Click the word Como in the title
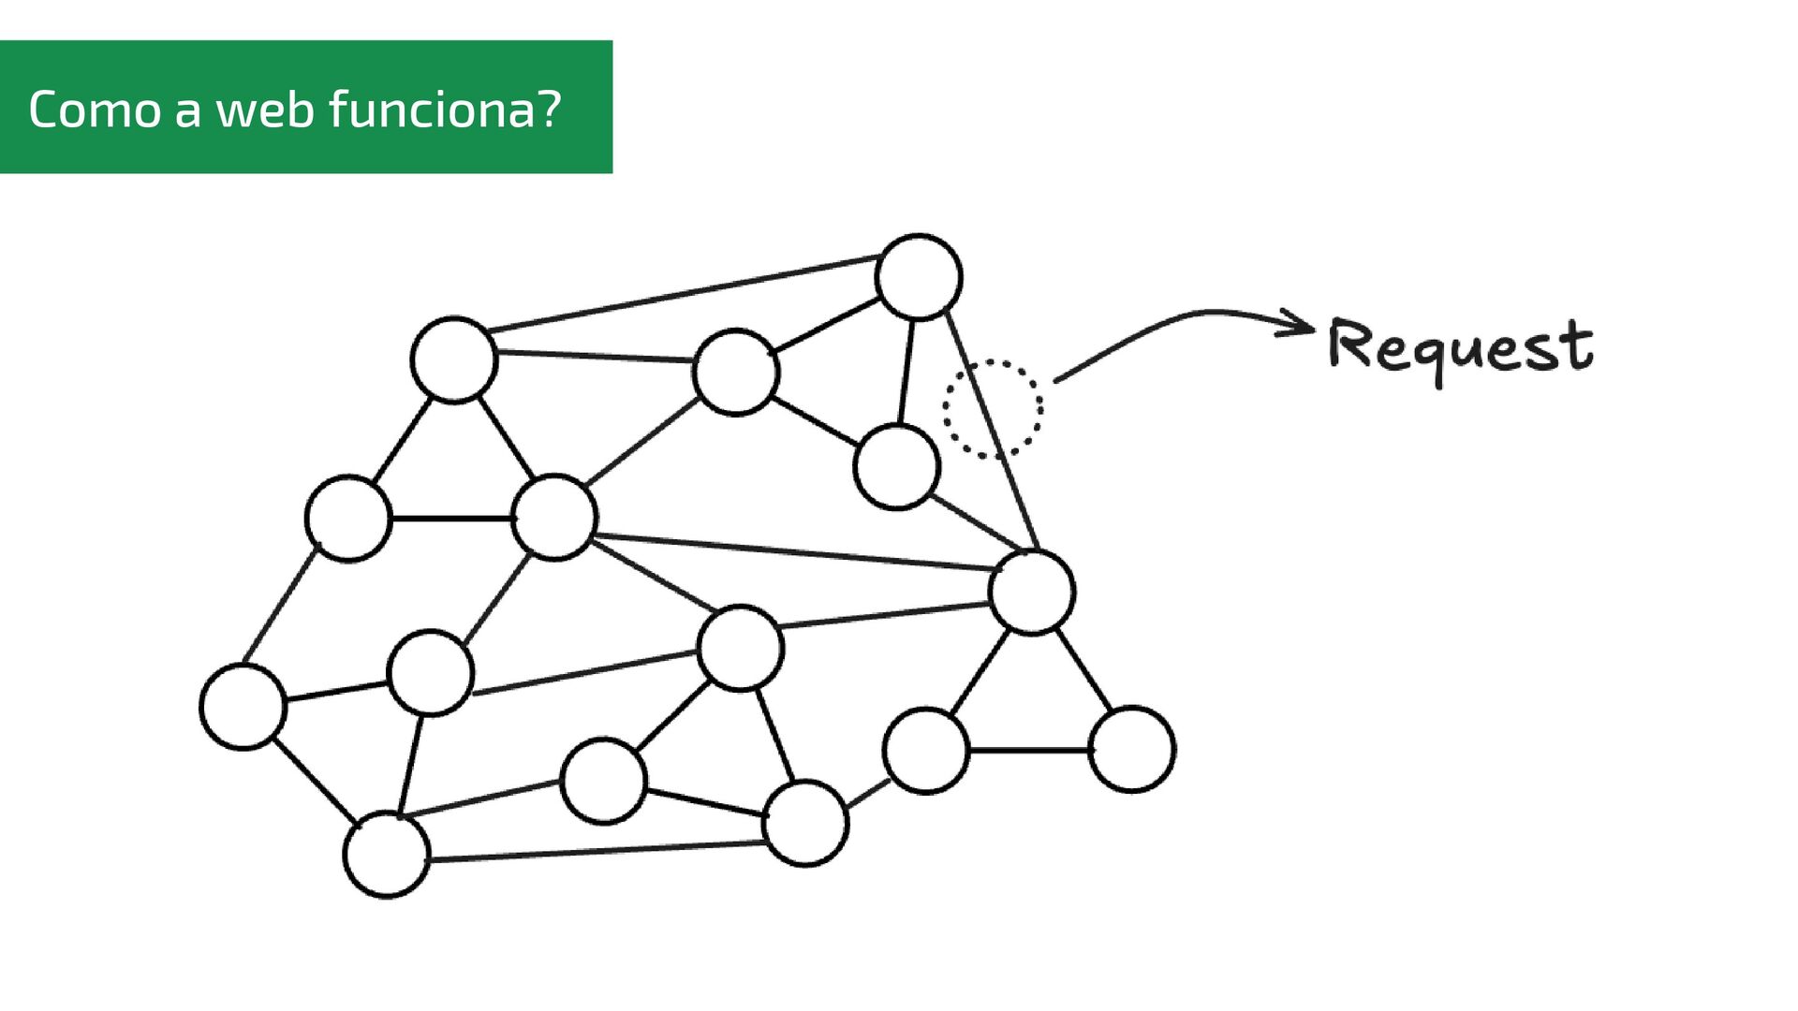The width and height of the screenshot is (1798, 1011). pos(95,110)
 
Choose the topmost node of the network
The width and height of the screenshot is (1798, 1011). pos(919,277)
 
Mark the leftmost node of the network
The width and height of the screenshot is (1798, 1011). pos(243,707)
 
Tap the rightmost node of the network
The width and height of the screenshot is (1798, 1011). pos(1132,749)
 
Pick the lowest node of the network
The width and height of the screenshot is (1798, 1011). pos(387,855)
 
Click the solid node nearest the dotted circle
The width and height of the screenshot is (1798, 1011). pos(896,466)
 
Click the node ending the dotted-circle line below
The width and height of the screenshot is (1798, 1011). pos(1032,593)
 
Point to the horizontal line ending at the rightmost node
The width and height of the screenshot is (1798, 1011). pos(1028,750)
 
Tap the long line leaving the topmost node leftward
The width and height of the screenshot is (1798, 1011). pos(684,293)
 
